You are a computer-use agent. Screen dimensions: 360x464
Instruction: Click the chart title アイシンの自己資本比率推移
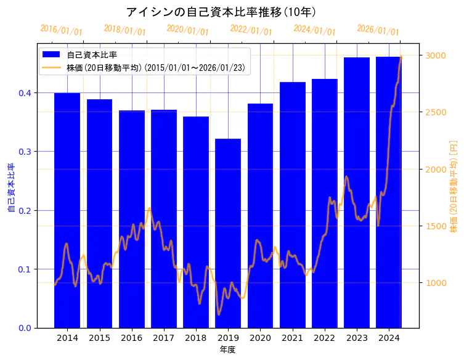click(221, 12)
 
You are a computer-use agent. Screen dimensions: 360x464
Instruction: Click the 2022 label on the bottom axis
click(324, 338)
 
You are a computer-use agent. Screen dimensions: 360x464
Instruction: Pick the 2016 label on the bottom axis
click(131, 338)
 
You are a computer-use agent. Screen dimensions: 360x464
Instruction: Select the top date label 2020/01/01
click(188, 30)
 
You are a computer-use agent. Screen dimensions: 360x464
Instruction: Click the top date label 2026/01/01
click(378, 30)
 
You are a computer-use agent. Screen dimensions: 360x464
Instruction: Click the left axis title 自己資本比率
click(10, 187)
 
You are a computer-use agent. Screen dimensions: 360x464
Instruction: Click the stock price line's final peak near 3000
click(401, 57)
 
